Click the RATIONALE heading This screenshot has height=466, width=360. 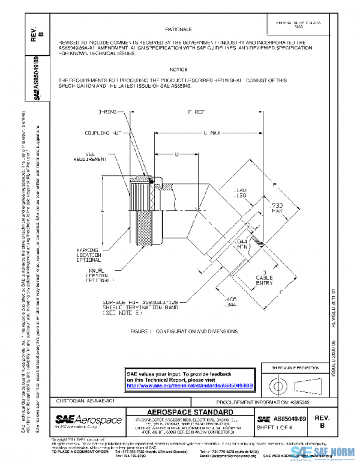coord(178,29)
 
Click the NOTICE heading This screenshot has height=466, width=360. coord(178,70)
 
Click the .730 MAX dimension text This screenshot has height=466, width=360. coord(277,208)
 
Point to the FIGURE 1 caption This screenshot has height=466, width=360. coord(184,331)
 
